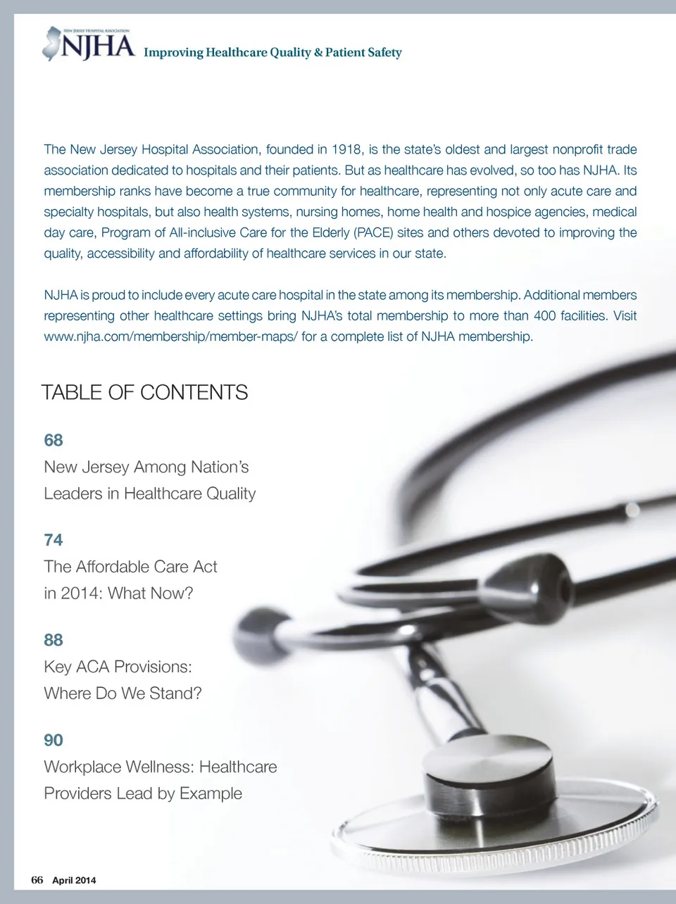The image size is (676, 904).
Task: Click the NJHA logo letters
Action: (98, 47)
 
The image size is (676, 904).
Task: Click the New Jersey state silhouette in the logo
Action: (51, 43)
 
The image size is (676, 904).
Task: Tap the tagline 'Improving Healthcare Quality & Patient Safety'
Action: (273, 53)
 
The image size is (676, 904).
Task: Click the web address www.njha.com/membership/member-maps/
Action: (170, 337)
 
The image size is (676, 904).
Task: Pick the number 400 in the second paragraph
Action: (545, 315)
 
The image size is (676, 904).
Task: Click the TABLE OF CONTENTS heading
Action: (144, 392)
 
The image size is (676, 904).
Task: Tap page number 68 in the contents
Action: (54, 440)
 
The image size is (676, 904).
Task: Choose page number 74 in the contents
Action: (54, 540)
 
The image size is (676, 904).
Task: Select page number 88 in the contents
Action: (54, 640)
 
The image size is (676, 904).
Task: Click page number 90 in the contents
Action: (54, 740)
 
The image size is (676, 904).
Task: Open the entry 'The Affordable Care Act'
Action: (130, 567)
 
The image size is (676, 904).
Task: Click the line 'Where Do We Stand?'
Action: (123, 693)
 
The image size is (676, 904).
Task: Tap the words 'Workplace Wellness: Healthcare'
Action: (161, 767)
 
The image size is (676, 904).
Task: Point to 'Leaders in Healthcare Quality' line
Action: (149, 494)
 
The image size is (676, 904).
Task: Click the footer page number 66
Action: (37, 880)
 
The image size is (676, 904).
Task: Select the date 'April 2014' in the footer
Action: (74, 881)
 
